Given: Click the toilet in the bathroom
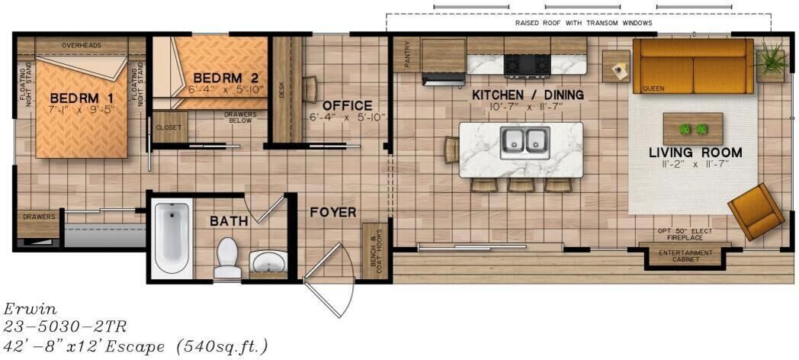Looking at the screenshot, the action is coord(227,258).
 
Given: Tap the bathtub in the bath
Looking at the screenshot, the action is coord(172,238).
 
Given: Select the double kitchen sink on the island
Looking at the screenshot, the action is coord(525,143).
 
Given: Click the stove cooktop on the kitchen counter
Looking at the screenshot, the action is coord(528,66).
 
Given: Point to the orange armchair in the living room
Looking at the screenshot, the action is coord(756,211).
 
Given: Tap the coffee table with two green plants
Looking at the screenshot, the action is coord(693,129).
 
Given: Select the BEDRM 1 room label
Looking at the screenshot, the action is coord(82,98).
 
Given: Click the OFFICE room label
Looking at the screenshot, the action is coord(348,106).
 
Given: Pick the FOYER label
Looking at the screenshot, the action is coord(333,212).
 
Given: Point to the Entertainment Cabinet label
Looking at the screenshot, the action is coord(685,256).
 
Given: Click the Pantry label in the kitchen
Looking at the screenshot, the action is coord(407,54).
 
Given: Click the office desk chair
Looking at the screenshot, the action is coord(310,89).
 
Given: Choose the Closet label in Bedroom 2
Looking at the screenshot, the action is coord(168,127).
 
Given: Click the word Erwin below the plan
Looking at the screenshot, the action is coord(30,309).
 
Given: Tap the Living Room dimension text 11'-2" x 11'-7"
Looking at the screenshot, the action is coord(695,163).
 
